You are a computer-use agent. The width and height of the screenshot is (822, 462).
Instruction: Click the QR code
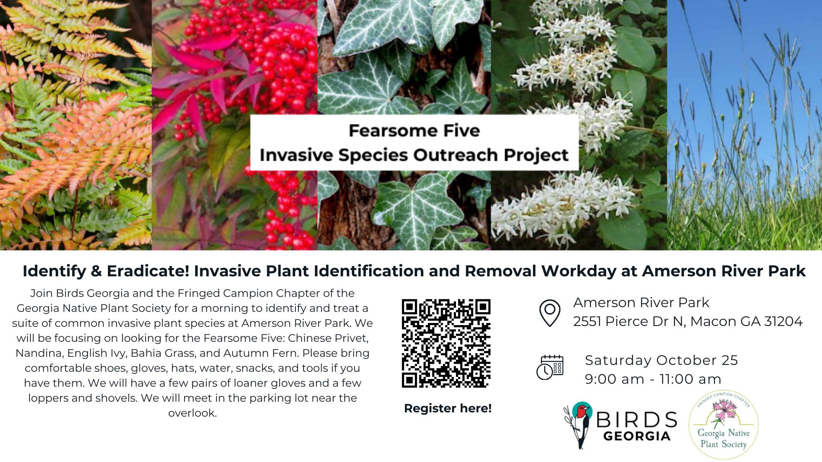tap(446, 343)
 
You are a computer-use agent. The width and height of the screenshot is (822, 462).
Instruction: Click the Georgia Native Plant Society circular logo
tap(724, 425)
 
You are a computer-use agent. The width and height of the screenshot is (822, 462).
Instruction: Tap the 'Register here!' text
tap(448, 409)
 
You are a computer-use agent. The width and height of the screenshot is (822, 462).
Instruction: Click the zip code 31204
tap(783, 321)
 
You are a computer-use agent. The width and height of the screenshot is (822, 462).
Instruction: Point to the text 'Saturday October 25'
tap(661, 360)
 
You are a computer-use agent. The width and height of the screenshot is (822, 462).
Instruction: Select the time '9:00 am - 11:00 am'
tap(653, 379)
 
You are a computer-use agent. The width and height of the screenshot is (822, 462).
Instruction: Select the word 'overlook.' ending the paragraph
tap(192, 413)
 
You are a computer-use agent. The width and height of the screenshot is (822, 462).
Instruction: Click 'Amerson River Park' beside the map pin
tap(641, 302)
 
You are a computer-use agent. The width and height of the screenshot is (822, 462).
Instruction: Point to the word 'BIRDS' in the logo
tap(636, 420)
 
